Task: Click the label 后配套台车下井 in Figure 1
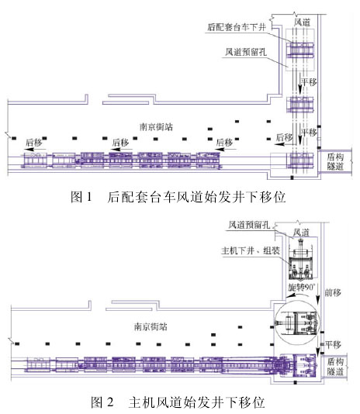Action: (x=237, y=27)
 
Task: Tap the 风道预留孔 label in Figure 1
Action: (x=246, y=52)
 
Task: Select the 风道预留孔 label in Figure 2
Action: (x=249, y=225)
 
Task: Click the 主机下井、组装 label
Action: (x=251, y=250)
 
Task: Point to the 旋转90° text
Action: (x=301, y=287)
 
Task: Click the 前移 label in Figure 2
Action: (x=333, y=292)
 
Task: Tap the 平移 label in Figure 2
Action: (x=333, y=344)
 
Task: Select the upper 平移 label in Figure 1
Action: (x=309, y=81)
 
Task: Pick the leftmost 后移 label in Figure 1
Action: (x=33, y=143)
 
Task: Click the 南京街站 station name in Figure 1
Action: (x=156, y=127)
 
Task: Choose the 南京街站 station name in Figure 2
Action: (x=151, y=327)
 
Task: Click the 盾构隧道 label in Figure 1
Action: (x=335, y=161)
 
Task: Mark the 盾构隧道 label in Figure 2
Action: (x=335, y=367)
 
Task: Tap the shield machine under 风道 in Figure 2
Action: (x=301, y=259)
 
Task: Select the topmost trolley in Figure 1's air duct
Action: (x=300, y=50)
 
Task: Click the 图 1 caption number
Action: (x=81, y=197)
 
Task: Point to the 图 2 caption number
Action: (x=102, y=402)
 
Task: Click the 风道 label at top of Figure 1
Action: (x=302, y=22)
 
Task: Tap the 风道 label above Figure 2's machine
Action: (x=301, y=233)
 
